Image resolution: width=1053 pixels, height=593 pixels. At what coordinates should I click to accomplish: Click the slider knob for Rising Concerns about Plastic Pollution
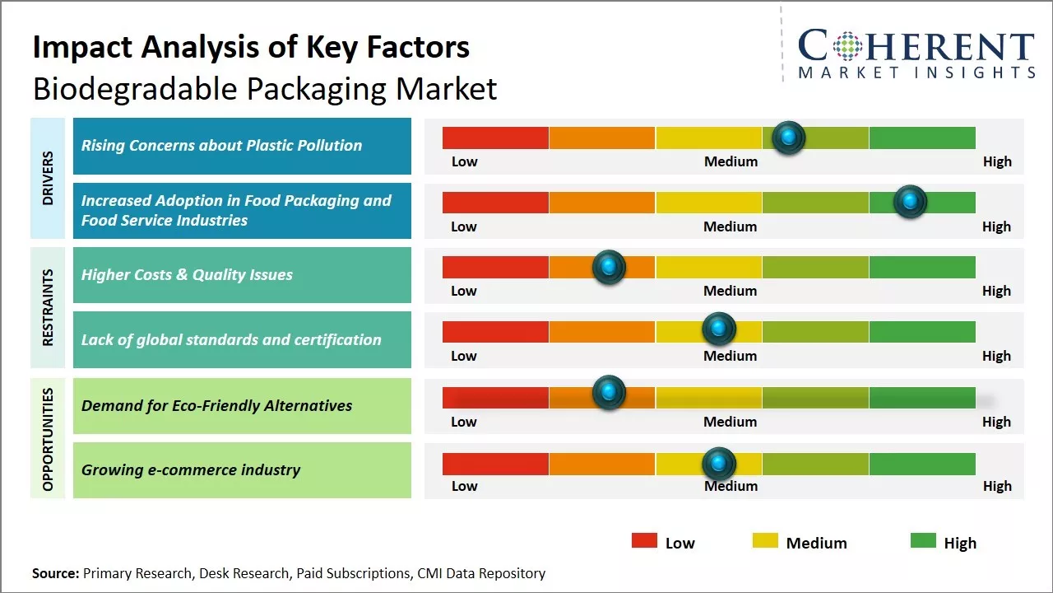(x=789, y=138)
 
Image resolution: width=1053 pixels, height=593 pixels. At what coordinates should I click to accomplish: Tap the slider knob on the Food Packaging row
(x=910, y=202)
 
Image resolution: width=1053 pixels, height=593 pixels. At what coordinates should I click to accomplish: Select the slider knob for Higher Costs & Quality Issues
(x=609, y=267)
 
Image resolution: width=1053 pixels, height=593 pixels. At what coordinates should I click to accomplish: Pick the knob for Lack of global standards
(x=719, y=329)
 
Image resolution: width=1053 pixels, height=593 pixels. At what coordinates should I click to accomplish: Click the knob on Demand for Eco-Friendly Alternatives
(x=609, y=393)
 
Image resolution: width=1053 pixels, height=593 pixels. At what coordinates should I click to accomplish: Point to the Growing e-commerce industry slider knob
(x=719, y=464)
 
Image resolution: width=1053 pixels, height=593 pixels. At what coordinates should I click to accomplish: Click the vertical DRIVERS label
(x=48, y=179)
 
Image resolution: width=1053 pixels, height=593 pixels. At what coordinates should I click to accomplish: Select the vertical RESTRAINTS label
(x=48, y=307)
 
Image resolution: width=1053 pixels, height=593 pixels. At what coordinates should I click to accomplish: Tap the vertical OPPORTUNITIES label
(x=48, y=439)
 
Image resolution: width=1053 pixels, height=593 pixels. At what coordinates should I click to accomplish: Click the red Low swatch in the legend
(x=644, y=540)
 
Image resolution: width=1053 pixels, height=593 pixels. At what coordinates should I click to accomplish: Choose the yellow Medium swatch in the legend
(x=765, y=540)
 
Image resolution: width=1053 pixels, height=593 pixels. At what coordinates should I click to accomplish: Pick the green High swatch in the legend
(x=923, y=540)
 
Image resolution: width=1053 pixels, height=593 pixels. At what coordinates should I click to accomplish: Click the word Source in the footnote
(x=54, y=573)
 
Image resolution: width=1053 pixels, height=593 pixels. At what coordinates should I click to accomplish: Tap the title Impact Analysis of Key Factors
(x=251, y=47)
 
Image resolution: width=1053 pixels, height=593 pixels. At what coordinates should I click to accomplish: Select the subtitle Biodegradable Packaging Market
(x=265, y=89)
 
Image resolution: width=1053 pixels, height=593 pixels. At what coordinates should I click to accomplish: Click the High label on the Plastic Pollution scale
(x=997, y=161)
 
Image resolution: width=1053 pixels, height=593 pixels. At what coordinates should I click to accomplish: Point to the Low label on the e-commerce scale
(x=464, y=486)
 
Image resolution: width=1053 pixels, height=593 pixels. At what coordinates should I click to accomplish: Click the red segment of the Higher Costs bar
(x=495, y=267)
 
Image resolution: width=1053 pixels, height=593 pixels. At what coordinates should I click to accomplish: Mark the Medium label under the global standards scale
(x=730, y=356)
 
